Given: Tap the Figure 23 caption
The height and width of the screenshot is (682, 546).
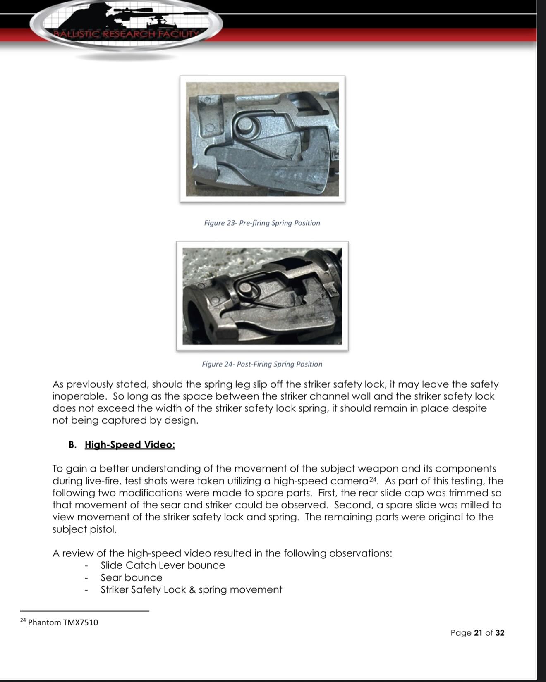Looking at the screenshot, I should pyautogui.click(x=262, y=223).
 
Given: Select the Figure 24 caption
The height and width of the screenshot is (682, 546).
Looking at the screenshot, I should pyautogui.click(x=262, y=364).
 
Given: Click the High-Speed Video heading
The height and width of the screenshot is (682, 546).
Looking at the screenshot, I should pyautogui.click(x=130, y=445).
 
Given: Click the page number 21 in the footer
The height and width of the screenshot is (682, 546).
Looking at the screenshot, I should pyautogui.click(x=478, y=633).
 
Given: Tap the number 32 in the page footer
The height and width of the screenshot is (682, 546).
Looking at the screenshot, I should pyautogui.click(x=500, y=633).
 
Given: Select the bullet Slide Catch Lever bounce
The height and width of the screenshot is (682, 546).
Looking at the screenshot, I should pyautogui.click(x=163, y=565).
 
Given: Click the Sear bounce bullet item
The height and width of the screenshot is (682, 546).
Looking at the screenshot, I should pyautogui.click(x=132, y=577).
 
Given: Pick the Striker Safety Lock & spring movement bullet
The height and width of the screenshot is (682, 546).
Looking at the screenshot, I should pyautogui.click(x=191, y=590).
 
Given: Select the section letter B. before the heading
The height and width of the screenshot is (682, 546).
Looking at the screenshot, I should pyautogui.click(x=73, y=445).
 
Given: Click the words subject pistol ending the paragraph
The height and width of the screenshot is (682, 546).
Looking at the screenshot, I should pyautogui.click(x=84, y=529).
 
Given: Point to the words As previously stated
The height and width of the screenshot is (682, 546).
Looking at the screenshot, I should pyautogui.click(x=101, y=384).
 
